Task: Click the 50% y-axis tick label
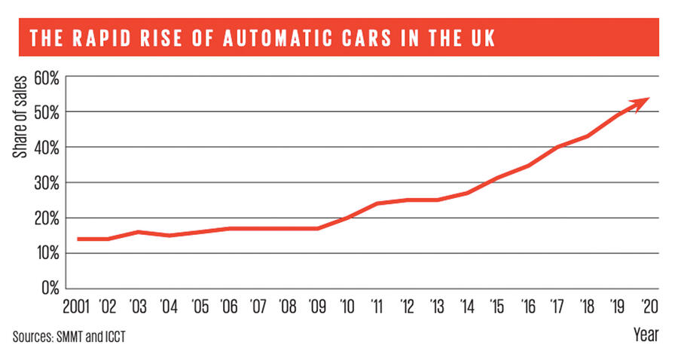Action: click(47, 112)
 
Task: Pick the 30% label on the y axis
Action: click(47, 183)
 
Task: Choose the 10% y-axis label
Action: click(47, 253)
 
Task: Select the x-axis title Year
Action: click(646, 334)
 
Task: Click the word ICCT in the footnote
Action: click(111, 337)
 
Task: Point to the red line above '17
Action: click(556, 148)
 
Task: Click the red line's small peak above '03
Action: click(139, 232)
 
